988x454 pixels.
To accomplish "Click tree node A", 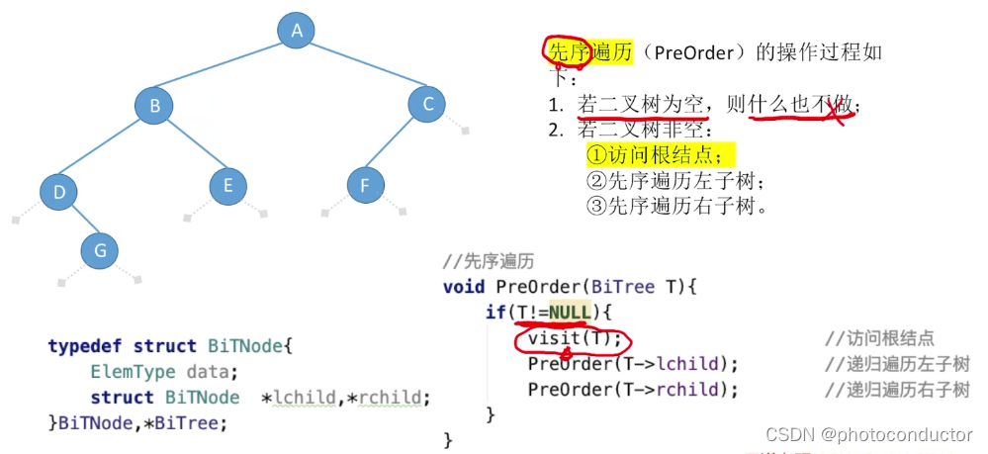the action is [x=296, y=31].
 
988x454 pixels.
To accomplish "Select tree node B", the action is [x=154, y=106].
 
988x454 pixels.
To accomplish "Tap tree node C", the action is [x=427, y=103].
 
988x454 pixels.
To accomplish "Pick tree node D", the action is [x=59, y=192].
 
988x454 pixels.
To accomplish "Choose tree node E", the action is [x=228, y=185].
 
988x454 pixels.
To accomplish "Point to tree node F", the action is [x=366, y=185].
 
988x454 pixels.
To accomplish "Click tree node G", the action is [x=100, y=251].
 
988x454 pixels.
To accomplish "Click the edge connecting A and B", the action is [x=225, y=68].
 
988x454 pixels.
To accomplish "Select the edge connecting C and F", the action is [x=397, y=144].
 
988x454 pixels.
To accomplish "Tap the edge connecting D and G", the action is [x=79, y=222].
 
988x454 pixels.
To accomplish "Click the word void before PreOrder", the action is [x=464, y=287].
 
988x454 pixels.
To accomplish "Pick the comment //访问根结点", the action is [x=879, y=338].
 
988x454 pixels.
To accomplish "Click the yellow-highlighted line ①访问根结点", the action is [x=661, y=155].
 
